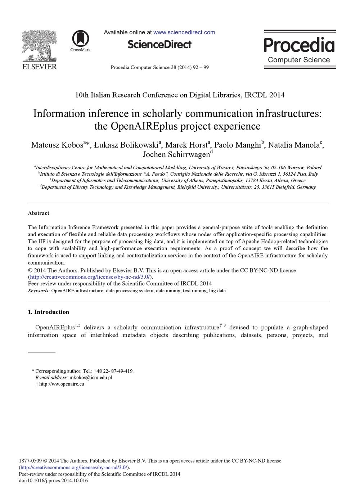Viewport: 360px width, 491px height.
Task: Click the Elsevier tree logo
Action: (39, 46)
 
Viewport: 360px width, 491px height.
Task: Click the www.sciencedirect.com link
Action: (184, 32)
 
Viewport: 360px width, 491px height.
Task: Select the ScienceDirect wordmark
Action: (159, 44)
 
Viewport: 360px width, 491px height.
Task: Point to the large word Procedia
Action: (299, 46)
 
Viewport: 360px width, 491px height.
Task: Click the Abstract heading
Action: (39, 213)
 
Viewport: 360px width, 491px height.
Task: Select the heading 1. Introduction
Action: (48, 312)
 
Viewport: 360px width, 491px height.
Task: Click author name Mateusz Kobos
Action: (57, 145)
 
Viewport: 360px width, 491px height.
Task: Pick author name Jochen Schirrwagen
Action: (176, 154)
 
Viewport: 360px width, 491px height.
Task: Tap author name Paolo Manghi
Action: (237, 145)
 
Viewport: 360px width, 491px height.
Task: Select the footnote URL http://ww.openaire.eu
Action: (62, 384)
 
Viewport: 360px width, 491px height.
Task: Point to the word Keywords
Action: (39, 290)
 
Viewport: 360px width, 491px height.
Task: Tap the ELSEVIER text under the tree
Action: (39, 67)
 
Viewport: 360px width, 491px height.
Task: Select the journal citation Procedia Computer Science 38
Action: (159, 67)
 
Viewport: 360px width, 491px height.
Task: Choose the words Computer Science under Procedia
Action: (299, 60)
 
